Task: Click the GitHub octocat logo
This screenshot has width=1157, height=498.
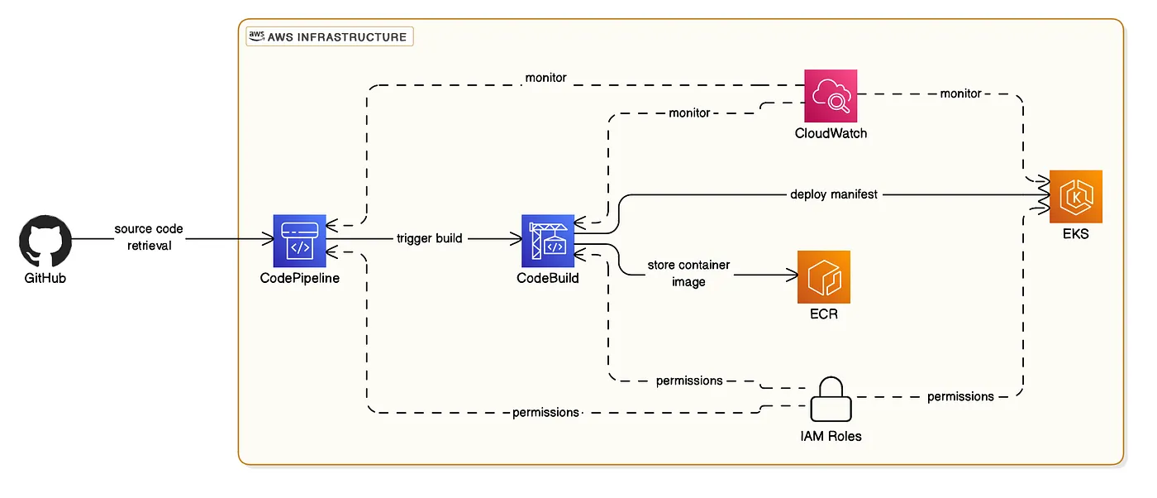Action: pos(45,241)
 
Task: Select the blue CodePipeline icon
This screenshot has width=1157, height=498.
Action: pos(299,241)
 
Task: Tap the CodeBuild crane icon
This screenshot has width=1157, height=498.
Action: pos(548,241)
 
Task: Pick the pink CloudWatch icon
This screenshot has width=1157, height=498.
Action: pos(831,96)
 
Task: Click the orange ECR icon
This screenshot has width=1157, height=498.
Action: pos(824,277)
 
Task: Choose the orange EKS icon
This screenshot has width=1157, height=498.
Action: pos(1076,197)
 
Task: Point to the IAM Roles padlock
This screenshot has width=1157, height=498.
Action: pos(831,400)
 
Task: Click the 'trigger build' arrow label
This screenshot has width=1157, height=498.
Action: pos(429,238)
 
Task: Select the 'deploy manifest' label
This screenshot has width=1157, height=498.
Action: pos(834,194)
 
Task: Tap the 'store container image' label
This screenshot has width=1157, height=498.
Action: pos(688,273)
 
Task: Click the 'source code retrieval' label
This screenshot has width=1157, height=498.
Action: pos(149,237)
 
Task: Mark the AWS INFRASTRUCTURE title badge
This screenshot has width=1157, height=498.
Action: pos(330,36)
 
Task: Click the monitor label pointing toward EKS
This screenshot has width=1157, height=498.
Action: pos(960,93)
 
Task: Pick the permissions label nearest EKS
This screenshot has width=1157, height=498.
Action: pos(960,396)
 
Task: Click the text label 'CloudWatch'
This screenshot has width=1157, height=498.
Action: pos(831,133)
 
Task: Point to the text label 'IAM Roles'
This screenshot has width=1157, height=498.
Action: pos(831,437)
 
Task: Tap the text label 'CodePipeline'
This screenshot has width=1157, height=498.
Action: pos(299,278)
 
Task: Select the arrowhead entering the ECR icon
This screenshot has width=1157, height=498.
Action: pos(793,275)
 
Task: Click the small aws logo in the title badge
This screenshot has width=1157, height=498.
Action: pos(256,36)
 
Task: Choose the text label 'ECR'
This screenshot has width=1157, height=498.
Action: pos(824,314)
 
